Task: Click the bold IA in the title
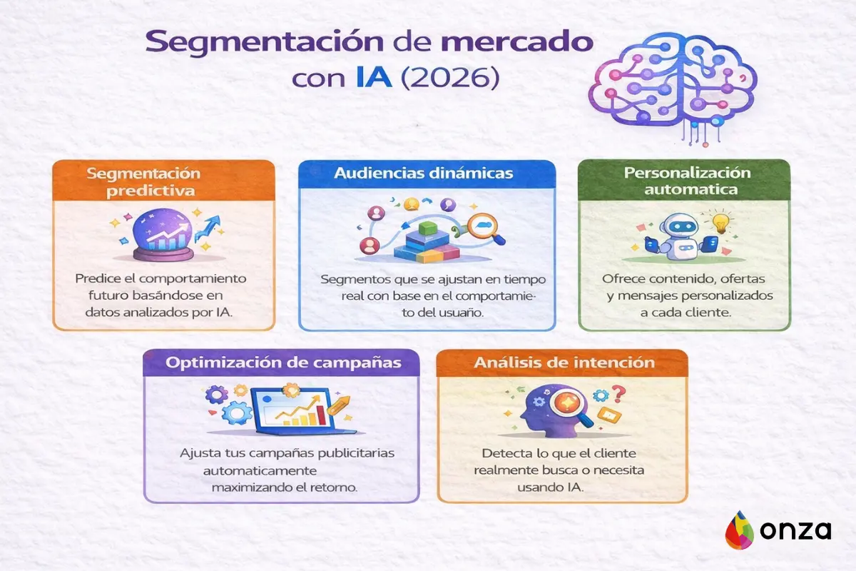click(x=372, y=77)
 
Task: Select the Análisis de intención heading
click(x=564, y=363)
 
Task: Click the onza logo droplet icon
click(x=739, y=531)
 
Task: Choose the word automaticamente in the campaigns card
click(x=260, y=471)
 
